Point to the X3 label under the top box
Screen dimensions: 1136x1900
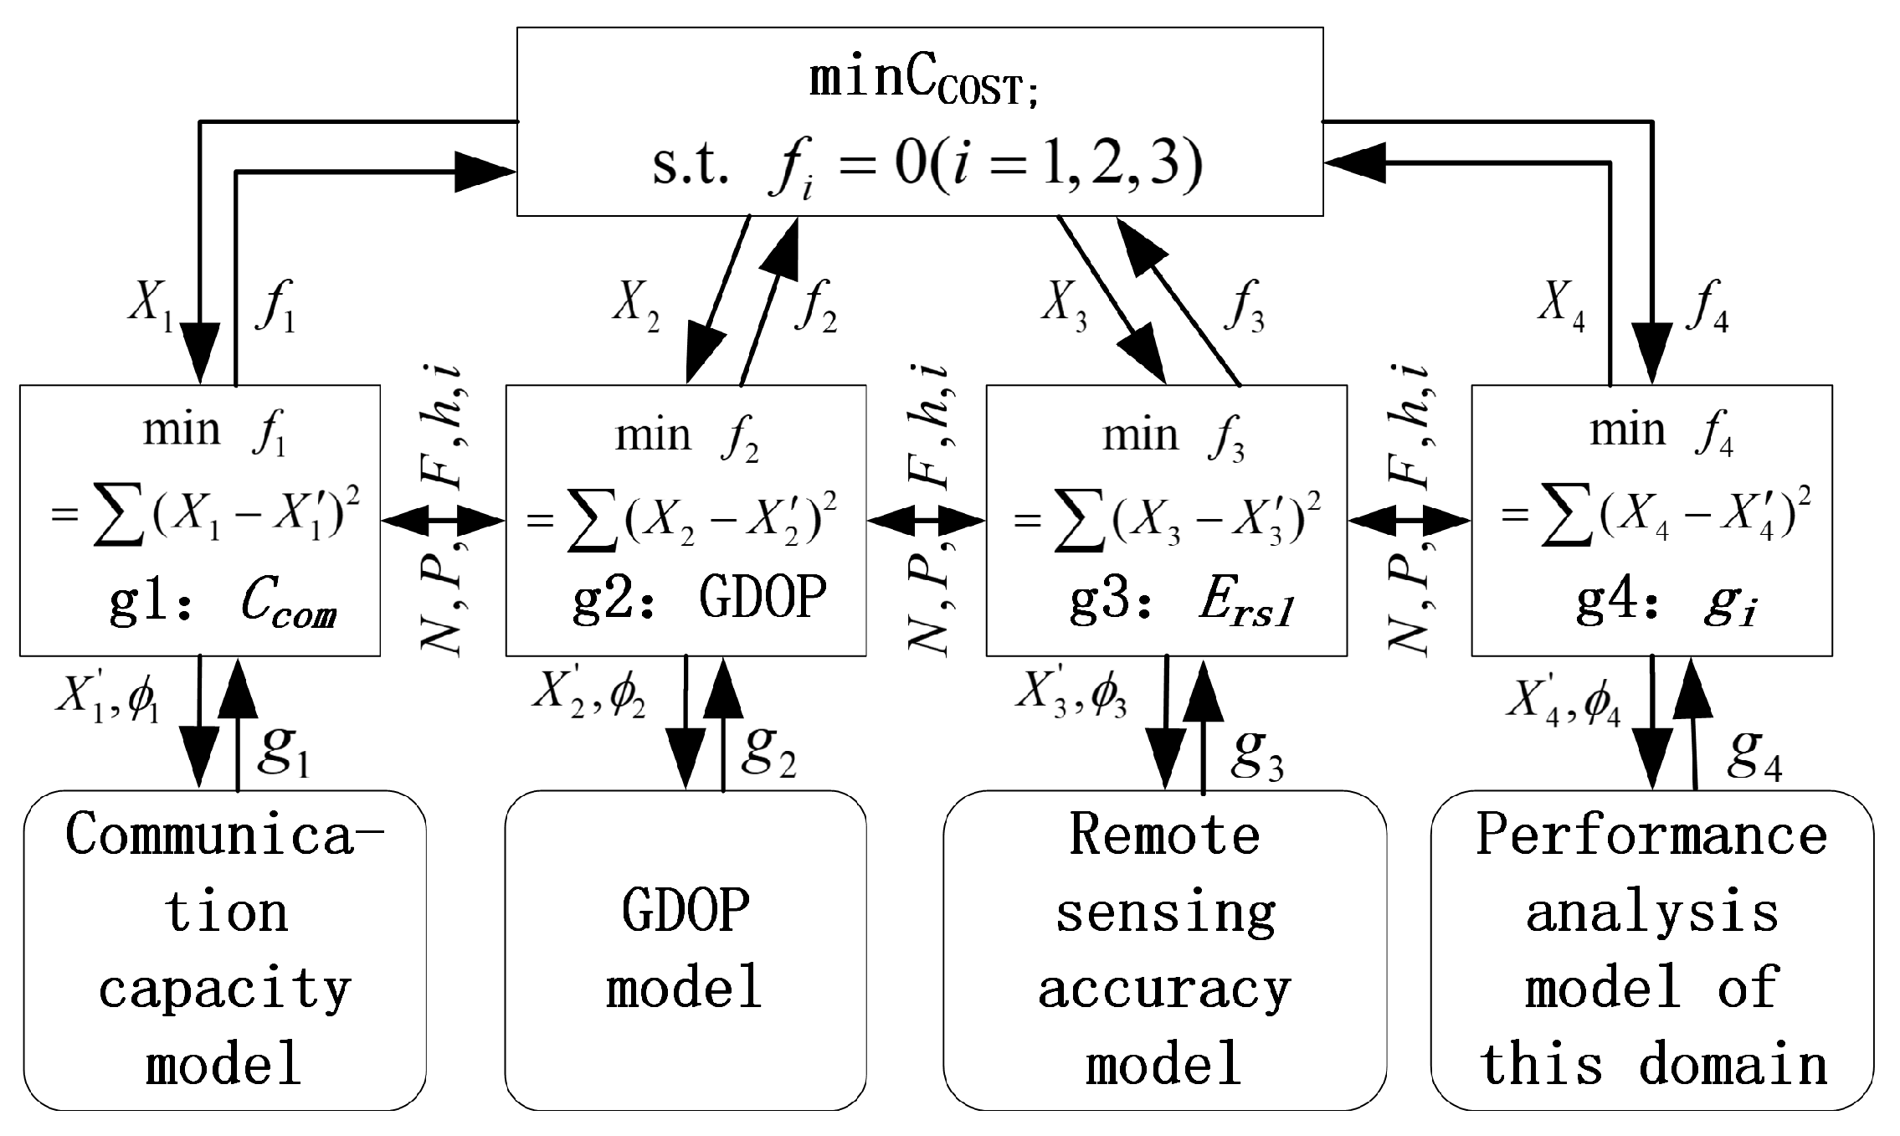point(1064,303)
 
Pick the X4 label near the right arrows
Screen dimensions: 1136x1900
point(1561,303)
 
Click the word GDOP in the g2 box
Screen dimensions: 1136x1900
point(763,598)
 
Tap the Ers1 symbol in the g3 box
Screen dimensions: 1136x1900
point(1246,604)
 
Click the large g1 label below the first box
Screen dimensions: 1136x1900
point(283,750)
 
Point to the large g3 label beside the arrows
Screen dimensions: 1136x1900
point(1256,754)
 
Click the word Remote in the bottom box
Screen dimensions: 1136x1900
point(1164,835)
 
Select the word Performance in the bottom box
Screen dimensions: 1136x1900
point(1651,835)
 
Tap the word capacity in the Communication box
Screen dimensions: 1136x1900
point(224,990)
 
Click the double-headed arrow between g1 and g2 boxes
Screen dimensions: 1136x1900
point(443,522)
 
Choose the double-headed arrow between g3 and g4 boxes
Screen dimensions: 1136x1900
point(1410,522)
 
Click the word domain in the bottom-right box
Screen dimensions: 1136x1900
point(1733,1065)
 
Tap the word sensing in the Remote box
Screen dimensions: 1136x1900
point(1164,912)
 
